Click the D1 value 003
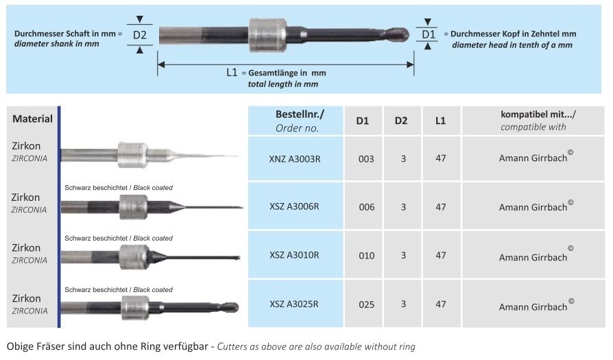(366, 158)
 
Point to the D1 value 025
(366, 304)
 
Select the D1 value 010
(366, 255)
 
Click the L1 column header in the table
(440, 121)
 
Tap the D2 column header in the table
(401, 121)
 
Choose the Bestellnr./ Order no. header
(298, 121)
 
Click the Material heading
(32, 119)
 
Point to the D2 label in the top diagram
(140, 34)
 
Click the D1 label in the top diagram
(428, 34)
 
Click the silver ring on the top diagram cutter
(265, 34)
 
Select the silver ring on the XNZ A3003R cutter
(132, 155)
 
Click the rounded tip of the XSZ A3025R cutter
(232, 307)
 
